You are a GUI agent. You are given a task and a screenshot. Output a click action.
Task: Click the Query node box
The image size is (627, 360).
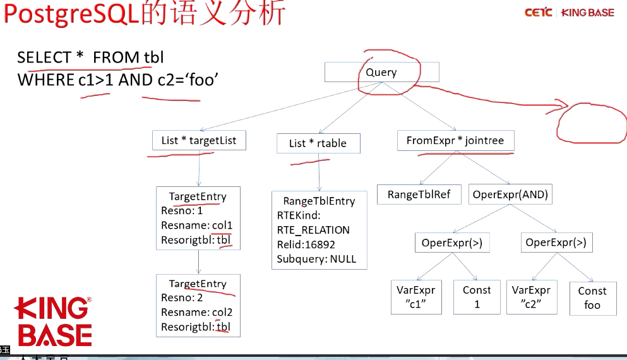[381, 72]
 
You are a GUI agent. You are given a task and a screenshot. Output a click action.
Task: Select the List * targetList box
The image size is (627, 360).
[199, 140]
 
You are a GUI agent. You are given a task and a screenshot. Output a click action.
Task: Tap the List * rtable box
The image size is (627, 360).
[318, 143]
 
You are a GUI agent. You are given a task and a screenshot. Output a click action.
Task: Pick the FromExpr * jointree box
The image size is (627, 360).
[455, 140]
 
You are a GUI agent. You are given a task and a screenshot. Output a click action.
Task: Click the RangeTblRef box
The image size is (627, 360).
[419, 195]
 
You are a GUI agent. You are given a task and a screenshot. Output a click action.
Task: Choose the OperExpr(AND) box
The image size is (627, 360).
[510, 195]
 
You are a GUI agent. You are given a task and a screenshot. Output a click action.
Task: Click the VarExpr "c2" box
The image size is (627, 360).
[531, 297]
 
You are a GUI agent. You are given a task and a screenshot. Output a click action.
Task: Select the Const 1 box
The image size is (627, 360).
[477, 297]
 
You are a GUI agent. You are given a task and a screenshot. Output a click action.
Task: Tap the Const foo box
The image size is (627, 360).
[592, 298]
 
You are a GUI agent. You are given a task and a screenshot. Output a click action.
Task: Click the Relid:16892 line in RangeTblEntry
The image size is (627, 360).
[306, 244]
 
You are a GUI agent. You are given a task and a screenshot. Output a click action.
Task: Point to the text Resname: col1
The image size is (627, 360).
[196, 225]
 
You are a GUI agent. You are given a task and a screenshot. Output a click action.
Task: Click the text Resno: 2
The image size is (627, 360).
[182, 297]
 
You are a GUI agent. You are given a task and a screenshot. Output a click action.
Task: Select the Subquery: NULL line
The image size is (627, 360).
[316, 259]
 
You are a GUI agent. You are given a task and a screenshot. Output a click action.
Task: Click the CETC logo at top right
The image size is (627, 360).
[538, 13]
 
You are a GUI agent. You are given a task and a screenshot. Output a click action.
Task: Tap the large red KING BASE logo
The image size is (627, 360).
[54, 322]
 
